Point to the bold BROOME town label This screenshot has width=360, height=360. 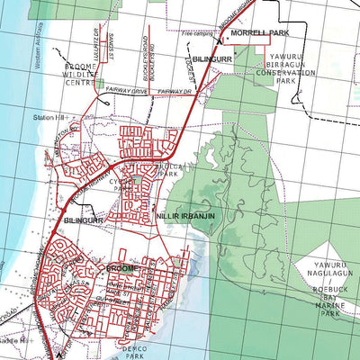[x=120, y=268]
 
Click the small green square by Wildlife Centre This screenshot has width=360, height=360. [x=100, y=84]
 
